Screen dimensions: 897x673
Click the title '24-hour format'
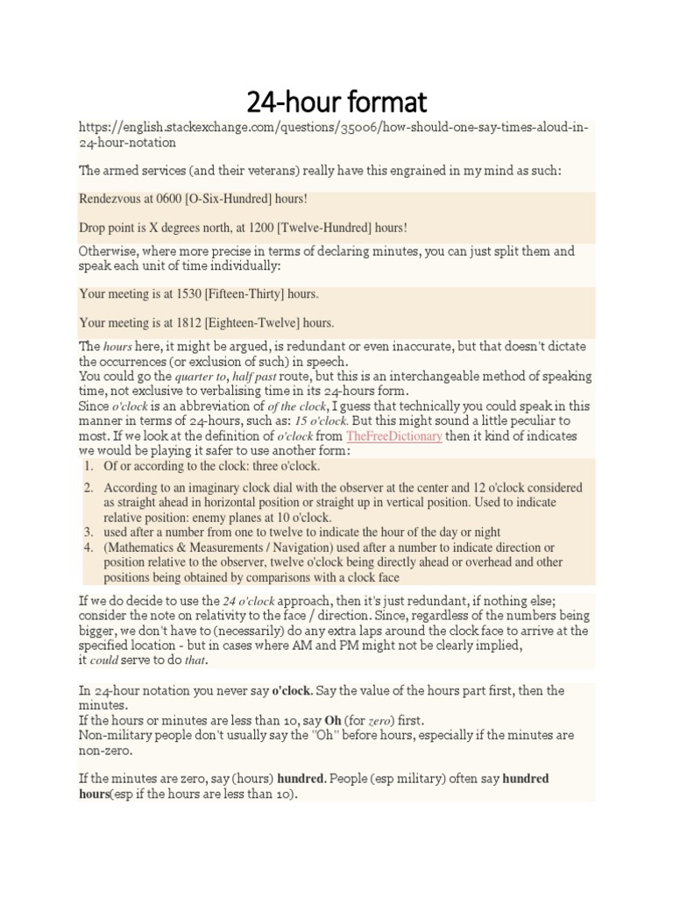336,102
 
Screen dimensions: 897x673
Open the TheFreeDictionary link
393,435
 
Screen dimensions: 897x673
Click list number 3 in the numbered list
89,532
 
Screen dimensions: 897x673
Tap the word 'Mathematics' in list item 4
142,547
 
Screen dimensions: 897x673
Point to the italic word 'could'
104,660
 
